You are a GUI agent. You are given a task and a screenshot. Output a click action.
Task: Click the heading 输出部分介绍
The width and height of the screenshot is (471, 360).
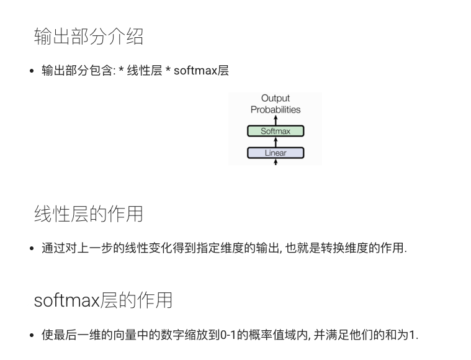click(x=89, y=37)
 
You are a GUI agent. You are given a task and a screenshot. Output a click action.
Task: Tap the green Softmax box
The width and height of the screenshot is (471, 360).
click(x=276, y=131)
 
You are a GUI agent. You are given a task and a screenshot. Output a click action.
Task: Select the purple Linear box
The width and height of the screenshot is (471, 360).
click(x=276, y=153)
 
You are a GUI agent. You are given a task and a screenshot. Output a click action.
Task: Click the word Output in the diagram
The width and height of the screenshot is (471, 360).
click(x=276, y=98)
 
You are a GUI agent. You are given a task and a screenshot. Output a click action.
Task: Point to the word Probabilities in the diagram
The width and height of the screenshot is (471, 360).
click(x=276, y=110)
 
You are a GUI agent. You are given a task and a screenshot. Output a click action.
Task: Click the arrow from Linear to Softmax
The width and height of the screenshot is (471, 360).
click(x=276, y=142)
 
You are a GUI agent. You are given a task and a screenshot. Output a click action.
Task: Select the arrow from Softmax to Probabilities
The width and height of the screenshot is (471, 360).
click(x=276, y=120)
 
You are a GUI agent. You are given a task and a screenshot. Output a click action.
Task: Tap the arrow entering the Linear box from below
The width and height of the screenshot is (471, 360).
click(x=276, y=162)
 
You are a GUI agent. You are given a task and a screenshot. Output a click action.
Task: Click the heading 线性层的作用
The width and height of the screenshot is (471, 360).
click(x=89, y=214)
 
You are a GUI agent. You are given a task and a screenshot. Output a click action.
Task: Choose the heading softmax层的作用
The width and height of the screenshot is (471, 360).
click(x=103, y=300)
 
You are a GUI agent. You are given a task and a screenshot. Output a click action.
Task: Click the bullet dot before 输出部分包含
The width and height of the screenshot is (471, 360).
click(x=32, y=71)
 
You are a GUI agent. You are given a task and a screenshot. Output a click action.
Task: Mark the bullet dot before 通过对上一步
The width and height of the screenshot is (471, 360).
click(x=32, y=249)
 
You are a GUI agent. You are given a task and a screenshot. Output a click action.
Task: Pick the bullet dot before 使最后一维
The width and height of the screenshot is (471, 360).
click(x=32, y=336)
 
